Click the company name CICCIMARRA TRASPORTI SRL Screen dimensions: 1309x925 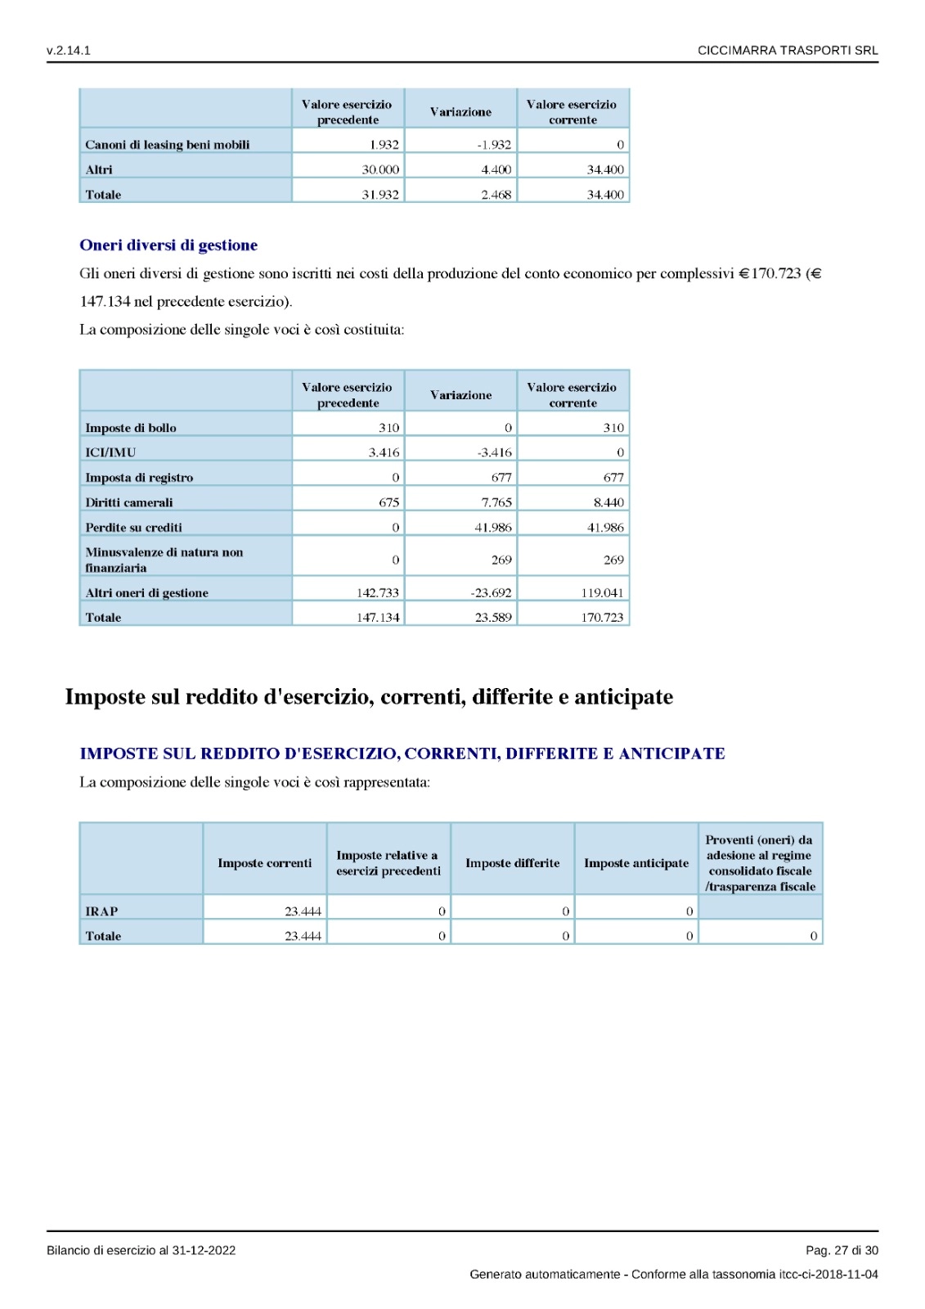pyautogui.click(x=787, y=51)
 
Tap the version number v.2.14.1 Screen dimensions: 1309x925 pyautogui.click(x=69, y=51)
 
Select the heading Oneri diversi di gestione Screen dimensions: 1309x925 pyautogui.click(x=168, y=245)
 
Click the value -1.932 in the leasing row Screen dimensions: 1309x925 pyautogui.click(x=494, y=145)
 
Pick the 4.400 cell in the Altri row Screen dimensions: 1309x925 pyautogui.click(x=496, y=169)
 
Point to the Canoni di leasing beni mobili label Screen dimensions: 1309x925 pyautogui.click(x=168, y=145)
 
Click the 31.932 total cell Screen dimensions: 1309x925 pyautogui.click(x=380, y=195)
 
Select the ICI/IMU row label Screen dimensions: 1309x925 pyautogui.click(x=110, y=452)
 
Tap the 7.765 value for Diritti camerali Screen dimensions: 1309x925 pyautogui.click(x=496, y=502)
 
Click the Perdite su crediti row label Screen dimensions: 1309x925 pyautogui.click(x=133, y=528)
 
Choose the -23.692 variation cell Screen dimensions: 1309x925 pyautogui.click(x=491, y=593)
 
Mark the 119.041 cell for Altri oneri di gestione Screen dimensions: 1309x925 pyautogui.click(x=602, y=593)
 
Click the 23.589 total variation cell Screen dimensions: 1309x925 pyautogui.click(x=493, y=618)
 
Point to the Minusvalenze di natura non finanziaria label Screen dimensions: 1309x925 pyautogui.click(x=164, y=560)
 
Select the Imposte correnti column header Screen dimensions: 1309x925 pyautogui.click(x=264, y=863)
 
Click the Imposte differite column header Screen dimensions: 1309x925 pyautogui.click(x=513, y=863)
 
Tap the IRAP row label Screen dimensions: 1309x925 pyautogui.click(x=101, y=911)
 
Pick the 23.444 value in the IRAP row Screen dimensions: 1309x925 pyautogui.click(x=303, y=911)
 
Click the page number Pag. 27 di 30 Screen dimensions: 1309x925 pyautogui.click(x=842, y=1250)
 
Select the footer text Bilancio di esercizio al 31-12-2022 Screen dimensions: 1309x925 pyautogui.click(x=141, y=1250)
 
